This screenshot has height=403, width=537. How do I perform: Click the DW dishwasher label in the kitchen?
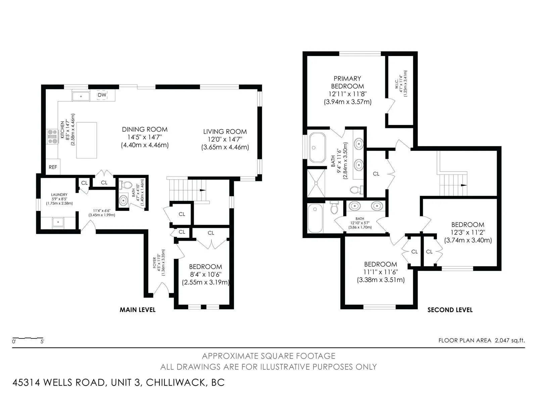(102, 95)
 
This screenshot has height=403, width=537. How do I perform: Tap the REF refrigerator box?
(53, 167)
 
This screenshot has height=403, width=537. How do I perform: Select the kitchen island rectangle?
(87, 140)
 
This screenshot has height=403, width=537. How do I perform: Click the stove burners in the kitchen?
(52, 137)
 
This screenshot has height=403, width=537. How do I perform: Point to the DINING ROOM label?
(145, 129)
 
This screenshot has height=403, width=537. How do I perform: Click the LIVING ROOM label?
(225, 132)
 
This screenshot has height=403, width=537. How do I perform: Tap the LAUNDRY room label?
(59, 195)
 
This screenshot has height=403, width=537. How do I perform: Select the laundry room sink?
(58, 222)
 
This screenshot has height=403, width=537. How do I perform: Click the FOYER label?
(155, 263)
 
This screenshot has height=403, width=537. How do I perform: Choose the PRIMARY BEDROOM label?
(347, 83)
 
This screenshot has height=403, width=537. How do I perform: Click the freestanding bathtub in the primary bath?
(317, 147)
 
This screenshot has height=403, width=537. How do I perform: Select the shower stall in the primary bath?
(316, 183)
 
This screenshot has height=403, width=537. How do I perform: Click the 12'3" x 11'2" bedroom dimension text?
(468, 232)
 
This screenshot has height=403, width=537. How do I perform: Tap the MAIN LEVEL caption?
(138, 310)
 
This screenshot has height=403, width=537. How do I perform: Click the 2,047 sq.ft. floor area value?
(510, 340)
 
